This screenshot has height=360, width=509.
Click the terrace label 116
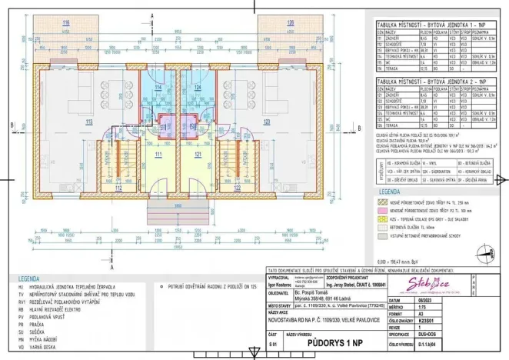[66, 22]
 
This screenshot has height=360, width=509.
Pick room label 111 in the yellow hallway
[159, 155]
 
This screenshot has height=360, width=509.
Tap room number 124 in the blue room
[198, 88]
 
